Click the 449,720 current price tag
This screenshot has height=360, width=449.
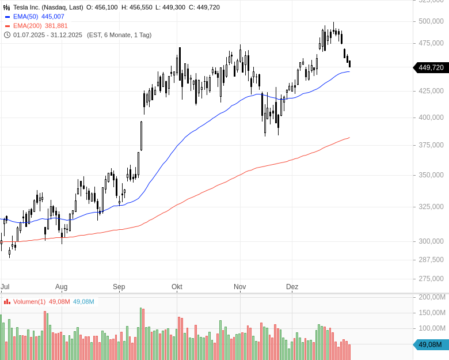coord(431,67)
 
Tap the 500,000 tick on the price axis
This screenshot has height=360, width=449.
coord(431,21)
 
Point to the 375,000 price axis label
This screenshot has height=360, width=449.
coord(431,145)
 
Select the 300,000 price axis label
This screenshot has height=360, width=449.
coord(431,241)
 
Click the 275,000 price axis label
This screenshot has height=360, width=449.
coord(431,279)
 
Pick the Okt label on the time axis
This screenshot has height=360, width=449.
coord(177,287)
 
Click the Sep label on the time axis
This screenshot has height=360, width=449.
coord(119,287)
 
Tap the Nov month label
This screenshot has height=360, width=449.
coord(240,287)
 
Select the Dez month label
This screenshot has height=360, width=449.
coord(292,287)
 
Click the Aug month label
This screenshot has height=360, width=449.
coord(62,287)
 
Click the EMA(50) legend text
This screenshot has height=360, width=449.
coord(26,17)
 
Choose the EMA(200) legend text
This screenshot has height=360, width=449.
coord(28,26)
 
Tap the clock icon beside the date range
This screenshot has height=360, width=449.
coord(7,35)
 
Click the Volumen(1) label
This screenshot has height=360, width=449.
coord(29,302)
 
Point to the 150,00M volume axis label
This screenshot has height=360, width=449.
coord(432,313)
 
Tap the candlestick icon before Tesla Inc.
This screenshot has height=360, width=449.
coord(7,7)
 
